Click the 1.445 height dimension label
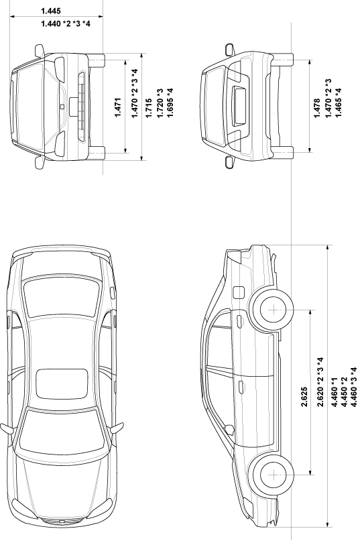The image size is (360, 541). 51,11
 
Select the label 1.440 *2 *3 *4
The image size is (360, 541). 66,24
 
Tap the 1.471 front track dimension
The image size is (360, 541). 118,107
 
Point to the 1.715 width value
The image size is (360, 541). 149,108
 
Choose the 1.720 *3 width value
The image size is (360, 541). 160,103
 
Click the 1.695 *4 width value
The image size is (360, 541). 170,103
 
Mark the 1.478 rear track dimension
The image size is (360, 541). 317,108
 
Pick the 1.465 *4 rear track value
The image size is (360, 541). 338,103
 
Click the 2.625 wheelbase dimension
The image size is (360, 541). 304,397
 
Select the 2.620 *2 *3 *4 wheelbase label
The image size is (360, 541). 320,382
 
